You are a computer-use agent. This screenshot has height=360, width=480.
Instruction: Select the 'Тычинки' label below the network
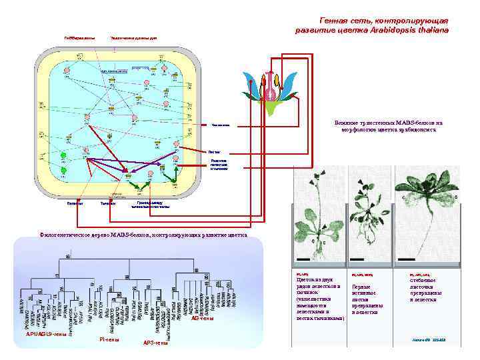click(x=107, y=204)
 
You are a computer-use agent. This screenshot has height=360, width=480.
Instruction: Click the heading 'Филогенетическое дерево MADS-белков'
click(x=143, y=235)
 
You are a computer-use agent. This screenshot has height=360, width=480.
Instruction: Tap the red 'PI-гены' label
click(x=109, y=340)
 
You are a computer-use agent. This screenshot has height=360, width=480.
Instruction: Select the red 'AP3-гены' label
click(x=155, y=343)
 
